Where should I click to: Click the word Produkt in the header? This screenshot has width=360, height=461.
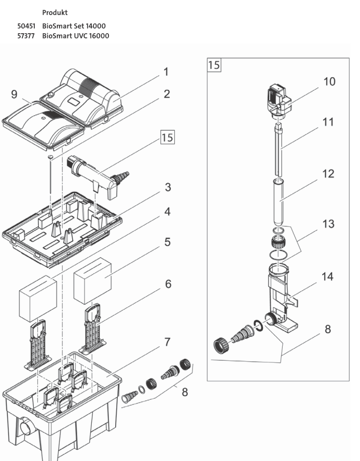click(55, 12)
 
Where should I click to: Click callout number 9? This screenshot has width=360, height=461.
click(14, 94)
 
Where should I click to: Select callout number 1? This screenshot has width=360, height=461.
click(166, 72)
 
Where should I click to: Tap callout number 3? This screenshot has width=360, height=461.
click(168, 187)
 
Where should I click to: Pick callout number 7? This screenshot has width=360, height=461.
click(167, 343)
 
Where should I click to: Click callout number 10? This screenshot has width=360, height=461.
click(329, 82)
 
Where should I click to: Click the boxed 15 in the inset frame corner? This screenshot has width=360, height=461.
click(214, 65)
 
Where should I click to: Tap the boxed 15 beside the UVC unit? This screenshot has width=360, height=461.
click(167, 138)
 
